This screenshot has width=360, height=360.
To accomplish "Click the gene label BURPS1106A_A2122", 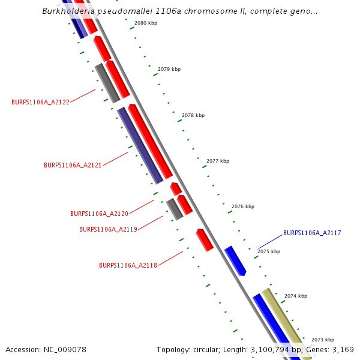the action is pos(40,102).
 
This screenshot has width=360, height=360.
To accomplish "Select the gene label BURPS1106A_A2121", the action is pos(73,165).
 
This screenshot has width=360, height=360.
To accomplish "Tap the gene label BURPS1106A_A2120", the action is pos(99,214).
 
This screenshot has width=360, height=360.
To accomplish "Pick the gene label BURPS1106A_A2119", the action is pos(108,229).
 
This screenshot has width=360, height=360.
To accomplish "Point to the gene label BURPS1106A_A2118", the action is pos(128,265).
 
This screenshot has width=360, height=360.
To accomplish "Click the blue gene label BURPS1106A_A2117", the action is pos(312,233).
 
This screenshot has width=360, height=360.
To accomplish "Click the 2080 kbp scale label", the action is pos(145,23).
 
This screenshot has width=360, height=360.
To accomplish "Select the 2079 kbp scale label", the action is pos(169,70).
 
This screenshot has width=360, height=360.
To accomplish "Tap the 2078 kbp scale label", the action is pos(193,115).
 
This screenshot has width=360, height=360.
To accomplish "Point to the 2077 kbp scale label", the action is pos(218,161).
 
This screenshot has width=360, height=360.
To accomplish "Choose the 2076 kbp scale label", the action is pos(243,206).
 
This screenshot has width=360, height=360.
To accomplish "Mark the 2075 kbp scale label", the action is pos(269,251).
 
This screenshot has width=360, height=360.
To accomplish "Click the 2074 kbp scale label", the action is pos(296,296).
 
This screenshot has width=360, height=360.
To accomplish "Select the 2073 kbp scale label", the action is pos(323,340).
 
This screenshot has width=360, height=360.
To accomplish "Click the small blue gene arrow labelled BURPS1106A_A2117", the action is pos(235,260).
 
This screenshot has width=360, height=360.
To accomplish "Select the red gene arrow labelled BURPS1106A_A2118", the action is pos(205,239).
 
